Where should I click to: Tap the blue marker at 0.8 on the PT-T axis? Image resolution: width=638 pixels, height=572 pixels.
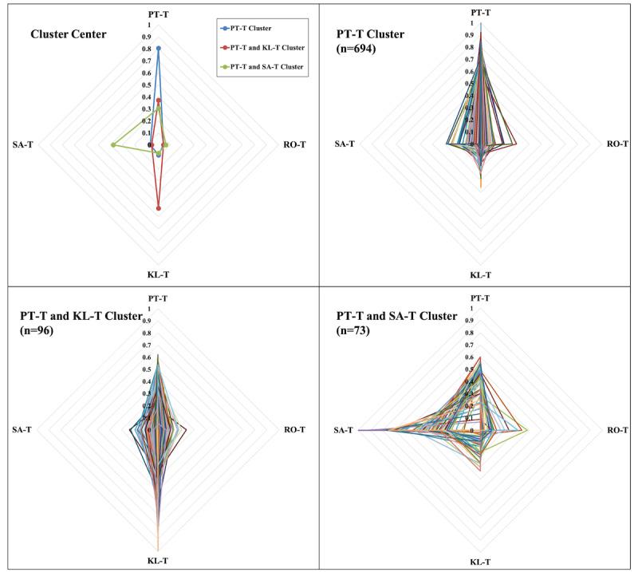(x=159, y=49)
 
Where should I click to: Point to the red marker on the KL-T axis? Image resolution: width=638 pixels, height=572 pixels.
(x=159, y=209)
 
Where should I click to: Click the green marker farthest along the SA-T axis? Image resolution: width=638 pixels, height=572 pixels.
(x=113, y=144)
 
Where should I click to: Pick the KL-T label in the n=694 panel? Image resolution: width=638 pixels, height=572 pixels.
(x=480, y=275)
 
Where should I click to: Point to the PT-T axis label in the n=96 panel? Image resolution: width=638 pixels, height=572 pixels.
(x=159, y=298)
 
